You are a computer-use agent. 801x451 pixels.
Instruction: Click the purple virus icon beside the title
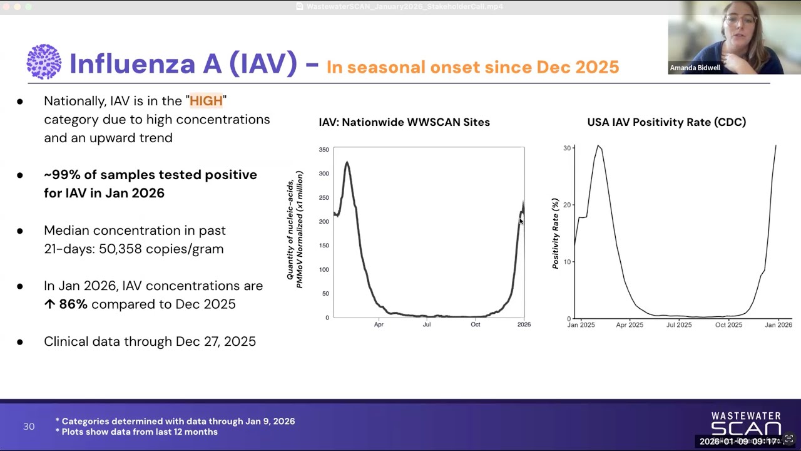click(x=44, y=62)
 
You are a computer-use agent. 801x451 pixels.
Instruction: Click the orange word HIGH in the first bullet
click(x=206, y=101)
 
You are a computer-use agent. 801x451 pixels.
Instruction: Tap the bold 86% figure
click(x=73, y=304)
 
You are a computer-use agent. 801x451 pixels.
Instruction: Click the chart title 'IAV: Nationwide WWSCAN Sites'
click(x=404, y=122)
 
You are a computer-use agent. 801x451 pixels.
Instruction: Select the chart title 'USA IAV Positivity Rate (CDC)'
click(x=666, y=122)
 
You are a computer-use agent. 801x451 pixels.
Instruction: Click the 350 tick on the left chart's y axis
click(x=324, y=150)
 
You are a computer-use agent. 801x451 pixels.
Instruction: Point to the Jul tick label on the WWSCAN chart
click(x=426, y=324)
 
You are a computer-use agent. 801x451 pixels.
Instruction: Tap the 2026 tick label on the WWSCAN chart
click(x=524, y=324)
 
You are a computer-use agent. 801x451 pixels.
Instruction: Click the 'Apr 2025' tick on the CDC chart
click(x=630, y=324)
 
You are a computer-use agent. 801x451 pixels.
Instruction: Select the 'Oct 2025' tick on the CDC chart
click(x=728, y=324)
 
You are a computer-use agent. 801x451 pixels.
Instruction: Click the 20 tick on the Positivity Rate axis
click(x=567, y=205)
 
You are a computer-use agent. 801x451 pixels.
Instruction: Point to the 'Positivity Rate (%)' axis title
click(x=555, y=234)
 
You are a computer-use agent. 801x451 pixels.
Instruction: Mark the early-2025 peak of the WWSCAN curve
click(x=347, y=163)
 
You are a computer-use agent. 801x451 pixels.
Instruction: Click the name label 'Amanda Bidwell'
click(x=695, y=68)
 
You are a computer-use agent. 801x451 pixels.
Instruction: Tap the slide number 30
click(x=29, y=427)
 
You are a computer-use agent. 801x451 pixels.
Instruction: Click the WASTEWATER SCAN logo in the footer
click(x=745, y=423)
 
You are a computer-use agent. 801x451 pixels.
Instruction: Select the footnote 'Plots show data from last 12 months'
click(x=140, y=432)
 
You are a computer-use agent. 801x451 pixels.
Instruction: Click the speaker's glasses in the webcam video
click(x=738, y=21)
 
